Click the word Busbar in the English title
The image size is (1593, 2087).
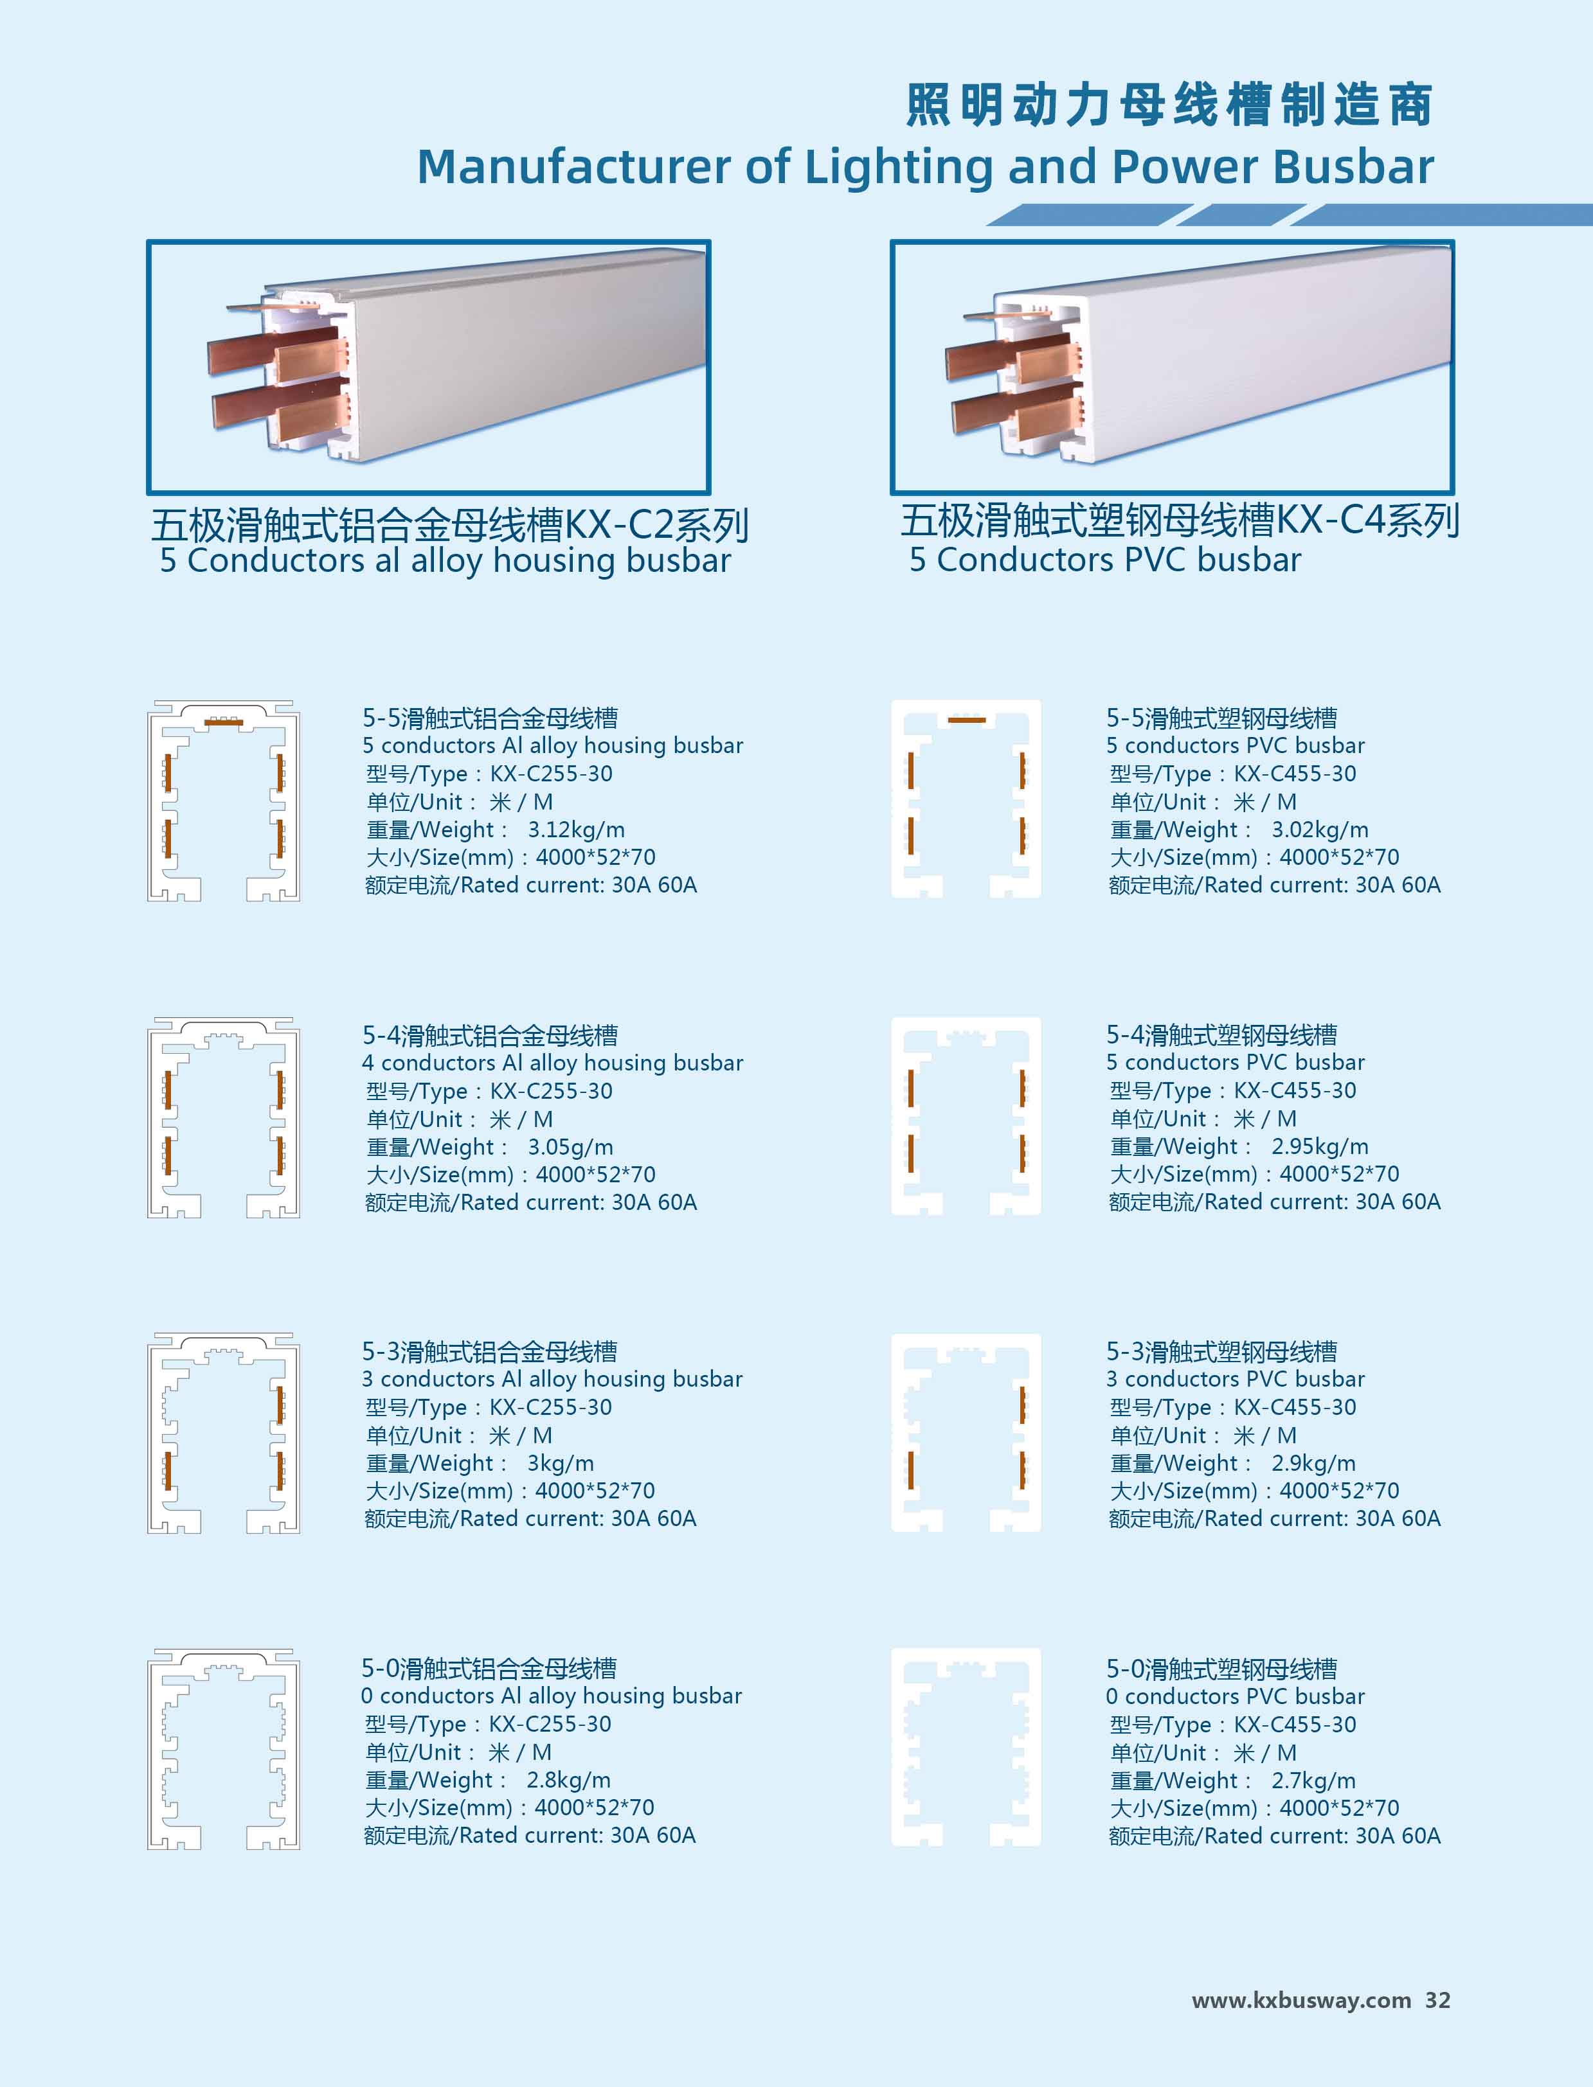[x=1353, y=167]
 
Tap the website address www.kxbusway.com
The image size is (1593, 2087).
[x=1301, y=2000]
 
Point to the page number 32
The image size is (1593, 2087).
[x=1437, y=2000]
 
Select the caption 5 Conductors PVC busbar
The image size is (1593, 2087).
[x=1104, y=560]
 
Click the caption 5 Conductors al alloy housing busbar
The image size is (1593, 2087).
[x=446, y=561]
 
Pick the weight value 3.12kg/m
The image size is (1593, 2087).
[x=577, y=830]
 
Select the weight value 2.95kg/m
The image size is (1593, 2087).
[x=1320, y=1147]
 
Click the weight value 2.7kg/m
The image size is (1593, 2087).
[x=1313, y=1781]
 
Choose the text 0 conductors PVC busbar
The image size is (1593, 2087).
[x=1236, y=1696]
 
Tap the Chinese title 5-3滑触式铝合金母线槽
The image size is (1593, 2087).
[x=489, y=1351]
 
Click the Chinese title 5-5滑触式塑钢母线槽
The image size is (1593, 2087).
[x=1221, y=718]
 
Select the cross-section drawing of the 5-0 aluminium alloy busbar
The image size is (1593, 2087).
[x=224, y=1748]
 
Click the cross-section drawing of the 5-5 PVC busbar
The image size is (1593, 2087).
[x=966, y=799]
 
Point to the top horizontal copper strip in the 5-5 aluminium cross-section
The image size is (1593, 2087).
[x=224, y=723]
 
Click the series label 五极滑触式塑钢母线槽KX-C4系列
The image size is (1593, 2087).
[x=1180, y=520]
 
